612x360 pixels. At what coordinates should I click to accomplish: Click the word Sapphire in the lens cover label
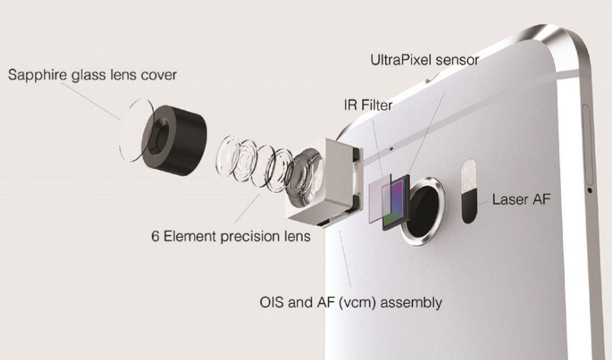point(37,75)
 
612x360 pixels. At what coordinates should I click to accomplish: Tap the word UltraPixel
point(401,60)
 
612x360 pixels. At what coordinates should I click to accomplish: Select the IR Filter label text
point(368,105)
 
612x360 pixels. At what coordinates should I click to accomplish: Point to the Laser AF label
point(521,199)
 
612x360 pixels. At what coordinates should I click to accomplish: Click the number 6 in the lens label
point(155,236)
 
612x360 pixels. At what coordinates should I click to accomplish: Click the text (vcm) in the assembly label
point(357,303)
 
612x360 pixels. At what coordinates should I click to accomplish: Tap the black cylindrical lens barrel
point(174,140)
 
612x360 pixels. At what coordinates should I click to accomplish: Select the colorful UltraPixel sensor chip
point(396,202)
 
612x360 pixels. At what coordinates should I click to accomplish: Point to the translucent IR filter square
point(380,198)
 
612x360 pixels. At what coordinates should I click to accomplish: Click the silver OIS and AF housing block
point(326,182)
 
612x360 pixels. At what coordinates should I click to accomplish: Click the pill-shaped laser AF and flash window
point(469,191)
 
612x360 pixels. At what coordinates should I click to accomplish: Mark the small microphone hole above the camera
point(391,149)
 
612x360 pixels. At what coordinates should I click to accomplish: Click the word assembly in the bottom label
point(411,303)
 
